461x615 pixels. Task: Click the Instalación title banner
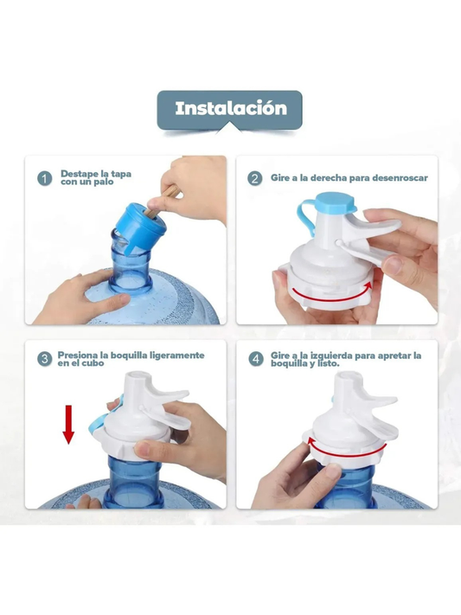229,109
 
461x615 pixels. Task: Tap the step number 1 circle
44,179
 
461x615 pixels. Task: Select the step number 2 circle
254,179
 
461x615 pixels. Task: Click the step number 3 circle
44,359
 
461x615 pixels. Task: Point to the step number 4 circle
254,359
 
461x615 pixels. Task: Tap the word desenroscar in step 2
399,178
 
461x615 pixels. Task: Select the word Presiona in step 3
79,355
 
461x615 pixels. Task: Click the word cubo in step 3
94,365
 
